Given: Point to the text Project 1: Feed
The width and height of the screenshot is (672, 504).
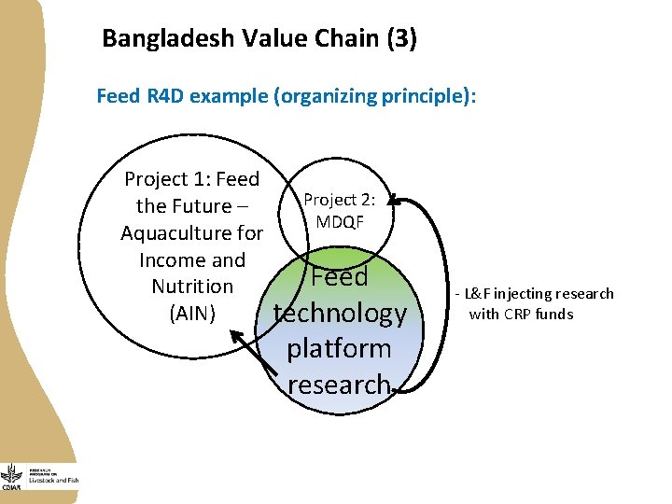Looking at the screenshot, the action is click(191, 178).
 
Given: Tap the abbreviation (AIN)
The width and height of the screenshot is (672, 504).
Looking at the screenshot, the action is click(192, 314).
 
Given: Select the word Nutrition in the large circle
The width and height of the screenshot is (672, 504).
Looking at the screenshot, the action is click(192, 287).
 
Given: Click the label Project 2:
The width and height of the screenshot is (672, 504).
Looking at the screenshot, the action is click(340, 200).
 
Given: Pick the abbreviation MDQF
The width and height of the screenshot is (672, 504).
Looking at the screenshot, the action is click(340, 221).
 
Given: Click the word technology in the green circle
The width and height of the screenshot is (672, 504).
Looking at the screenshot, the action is click(340, 313).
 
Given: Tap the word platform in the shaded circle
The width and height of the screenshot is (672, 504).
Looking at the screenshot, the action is click(339, 348).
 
